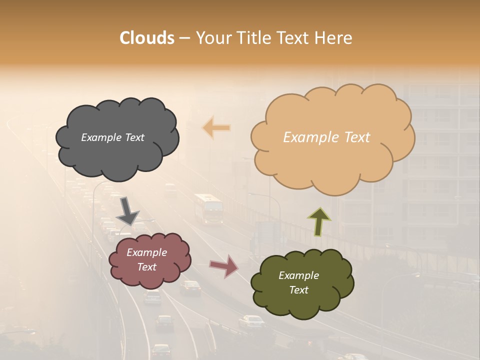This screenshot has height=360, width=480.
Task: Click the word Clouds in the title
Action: coord(147,38)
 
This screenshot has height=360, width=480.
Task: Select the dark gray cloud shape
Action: coord(117,155)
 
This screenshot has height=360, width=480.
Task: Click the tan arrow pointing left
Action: coord(216,128)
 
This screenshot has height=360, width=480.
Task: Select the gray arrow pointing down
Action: coord(127,210)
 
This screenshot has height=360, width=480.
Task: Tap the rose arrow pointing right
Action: coord(224,266)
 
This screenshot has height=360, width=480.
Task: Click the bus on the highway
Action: coord(208,209)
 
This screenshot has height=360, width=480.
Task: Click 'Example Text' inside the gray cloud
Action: coord(113,137)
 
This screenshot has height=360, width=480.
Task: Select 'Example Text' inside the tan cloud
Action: coord(326,137)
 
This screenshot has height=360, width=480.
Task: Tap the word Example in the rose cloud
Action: coord(147,252)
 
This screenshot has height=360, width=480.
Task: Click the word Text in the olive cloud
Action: coord(299,290)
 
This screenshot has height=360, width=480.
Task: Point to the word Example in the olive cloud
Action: coord(299,275)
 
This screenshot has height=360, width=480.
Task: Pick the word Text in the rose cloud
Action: coord(147,267)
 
